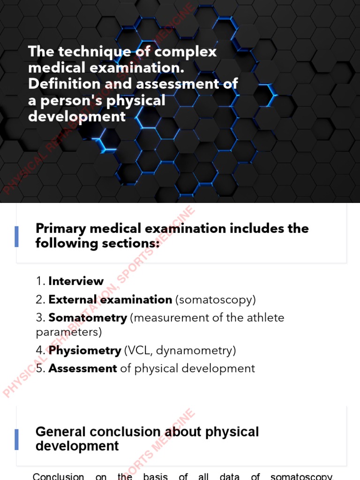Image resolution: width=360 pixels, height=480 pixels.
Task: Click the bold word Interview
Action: pos(76,281)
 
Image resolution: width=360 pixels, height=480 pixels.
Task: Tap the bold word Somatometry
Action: pos(88,318)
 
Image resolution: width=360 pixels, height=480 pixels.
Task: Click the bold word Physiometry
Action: pos(85,350)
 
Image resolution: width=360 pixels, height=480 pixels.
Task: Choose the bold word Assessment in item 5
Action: pos(82,368)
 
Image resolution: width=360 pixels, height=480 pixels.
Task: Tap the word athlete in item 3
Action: pos(265,318)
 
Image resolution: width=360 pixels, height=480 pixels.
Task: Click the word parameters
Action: pos(69,332)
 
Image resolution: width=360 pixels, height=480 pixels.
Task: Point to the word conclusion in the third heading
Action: pos(121,432)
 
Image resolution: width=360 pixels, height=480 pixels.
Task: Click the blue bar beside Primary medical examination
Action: pos(17,236)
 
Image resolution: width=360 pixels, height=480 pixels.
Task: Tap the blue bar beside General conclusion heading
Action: pos(17,439)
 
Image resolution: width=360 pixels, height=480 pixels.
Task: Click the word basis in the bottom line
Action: pos(155,477)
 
